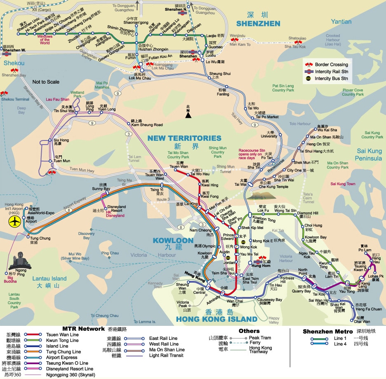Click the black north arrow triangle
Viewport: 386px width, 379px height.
tap(188, 115)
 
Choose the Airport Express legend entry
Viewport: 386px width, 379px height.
tap(64, 358)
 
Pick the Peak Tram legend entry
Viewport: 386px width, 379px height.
tap(260, 338)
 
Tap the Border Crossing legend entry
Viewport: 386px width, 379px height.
tap(331, 65)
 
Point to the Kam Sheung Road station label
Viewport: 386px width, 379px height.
tap(146, 125)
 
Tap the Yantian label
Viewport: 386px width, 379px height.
tap(341, 21)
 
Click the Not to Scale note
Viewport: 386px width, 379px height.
tap(46, 82)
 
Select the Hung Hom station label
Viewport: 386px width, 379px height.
tap(260, 266)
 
